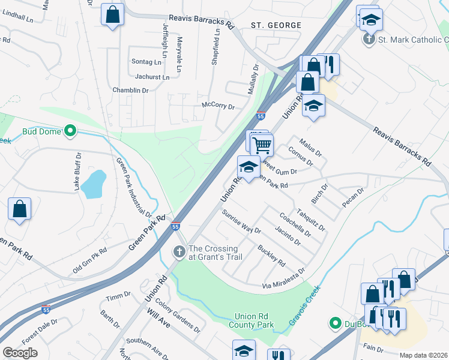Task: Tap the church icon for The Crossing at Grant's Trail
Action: tap(179, 252)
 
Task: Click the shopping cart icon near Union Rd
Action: tap(262, 145)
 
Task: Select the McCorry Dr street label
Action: tap(217, 106)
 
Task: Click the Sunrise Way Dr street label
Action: tap(241, 221)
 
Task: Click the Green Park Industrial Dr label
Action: tap(133, 187)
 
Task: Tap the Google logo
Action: tap(20, 353)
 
